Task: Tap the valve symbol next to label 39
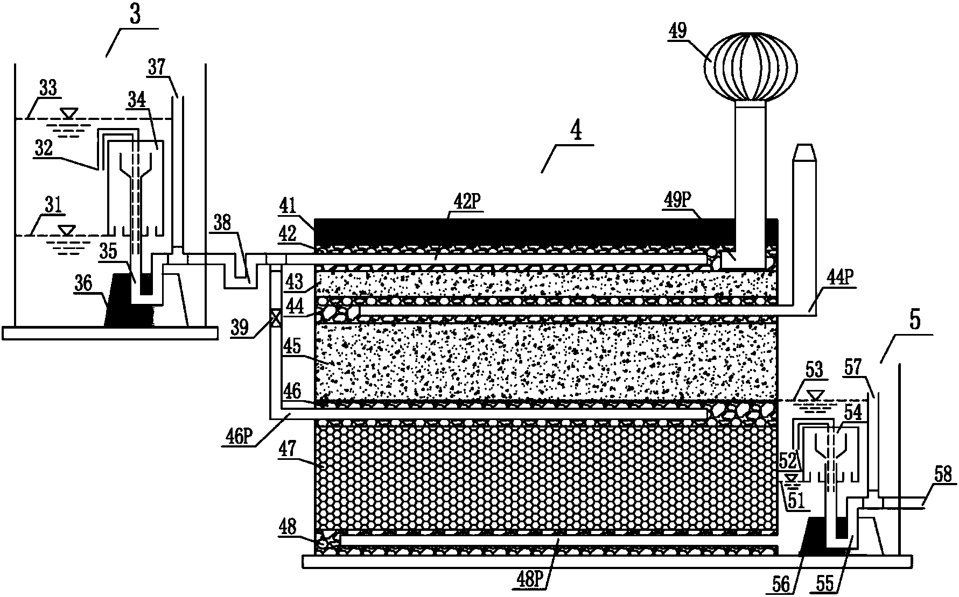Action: pos(275,318)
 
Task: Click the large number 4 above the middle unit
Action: pos(577,131)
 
